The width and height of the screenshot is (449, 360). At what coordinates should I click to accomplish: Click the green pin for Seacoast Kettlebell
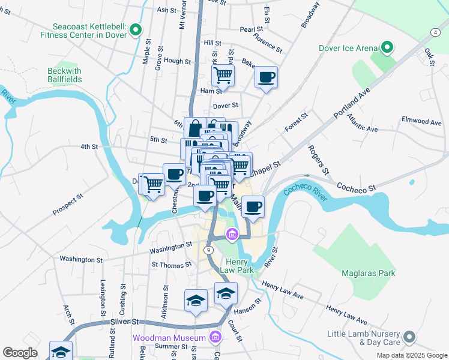click(136, 29)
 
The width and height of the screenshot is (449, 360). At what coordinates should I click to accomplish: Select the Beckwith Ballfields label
click(64, 74)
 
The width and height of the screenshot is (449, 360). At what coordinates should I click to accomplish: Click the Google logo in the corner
click(20, 353)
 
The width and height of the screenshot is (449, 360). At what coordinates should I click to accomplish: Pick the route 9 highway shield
click(208, 250)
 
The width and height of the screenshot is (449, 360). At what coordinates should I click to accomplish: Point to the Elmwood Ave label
click(421, 122)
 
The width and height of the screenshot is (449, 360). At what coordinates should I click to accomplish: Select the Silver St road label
click(124, 322)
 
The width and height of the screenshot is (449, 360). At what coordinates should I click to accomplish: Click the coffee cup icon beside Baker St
click(266, 77)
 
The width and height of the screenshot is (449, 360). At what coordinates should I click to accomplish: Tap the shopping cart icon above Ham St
click(223, 75)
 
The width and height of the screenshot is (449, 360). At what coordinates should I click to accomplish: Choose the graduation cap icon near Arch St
click(61, 351)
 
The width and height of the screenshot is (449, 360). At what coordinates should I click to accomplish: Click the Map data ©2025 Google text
click(411, 355)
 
